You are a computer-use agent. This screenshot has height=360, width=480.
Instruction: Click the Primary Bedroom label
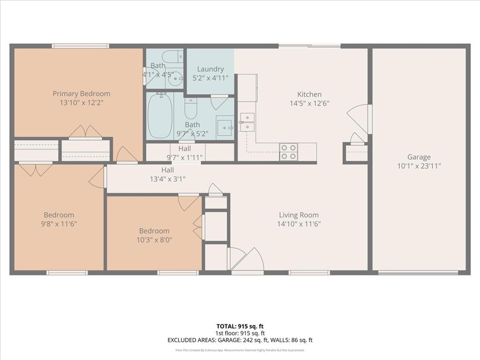click(81, 94)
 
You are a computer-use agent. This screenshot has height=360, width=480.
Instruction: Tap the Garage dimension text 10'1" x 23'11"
click(419, 166)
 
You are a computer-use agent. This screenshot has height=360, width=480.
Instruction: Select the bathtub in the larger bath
click(160, 115)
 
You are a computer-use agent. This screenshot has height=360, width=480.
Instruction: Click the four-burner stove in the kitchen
click(289, 151)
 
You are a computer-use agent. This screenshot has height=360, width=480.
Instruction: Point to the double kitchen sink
click(247, 122)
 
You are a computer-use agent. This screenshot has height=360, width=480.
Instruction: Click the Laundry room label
click(210, 69)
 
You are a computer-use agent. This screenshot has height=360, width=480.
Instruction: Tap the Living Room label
click(299, 215)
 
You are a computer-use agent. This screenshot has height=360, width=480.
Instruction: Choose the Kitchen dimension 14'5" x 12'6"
click(309, 104)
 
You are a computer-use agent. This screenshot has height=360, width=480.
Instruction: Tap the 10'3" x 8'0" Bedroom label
click(154, 231)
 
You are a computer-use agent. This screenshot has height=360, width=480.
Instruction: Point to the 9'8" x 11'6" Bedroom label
click(59, 215)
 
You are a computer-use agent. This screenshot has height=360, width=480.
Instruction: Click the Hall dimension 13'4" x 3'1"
click(167, 179)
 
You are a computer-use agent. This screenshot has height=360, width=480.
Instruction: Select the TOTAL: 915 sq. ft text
click(240, 326)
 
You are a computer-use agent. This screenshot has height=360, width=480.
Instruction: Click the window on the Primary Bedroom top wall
click(80, 46)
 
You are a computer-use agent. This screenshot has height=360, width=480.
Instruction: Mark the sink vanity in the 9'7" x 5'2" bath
click(225, 127)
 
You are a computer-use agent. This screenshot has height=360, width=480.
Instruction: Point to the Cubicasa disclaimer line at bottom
click(240, 350)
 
